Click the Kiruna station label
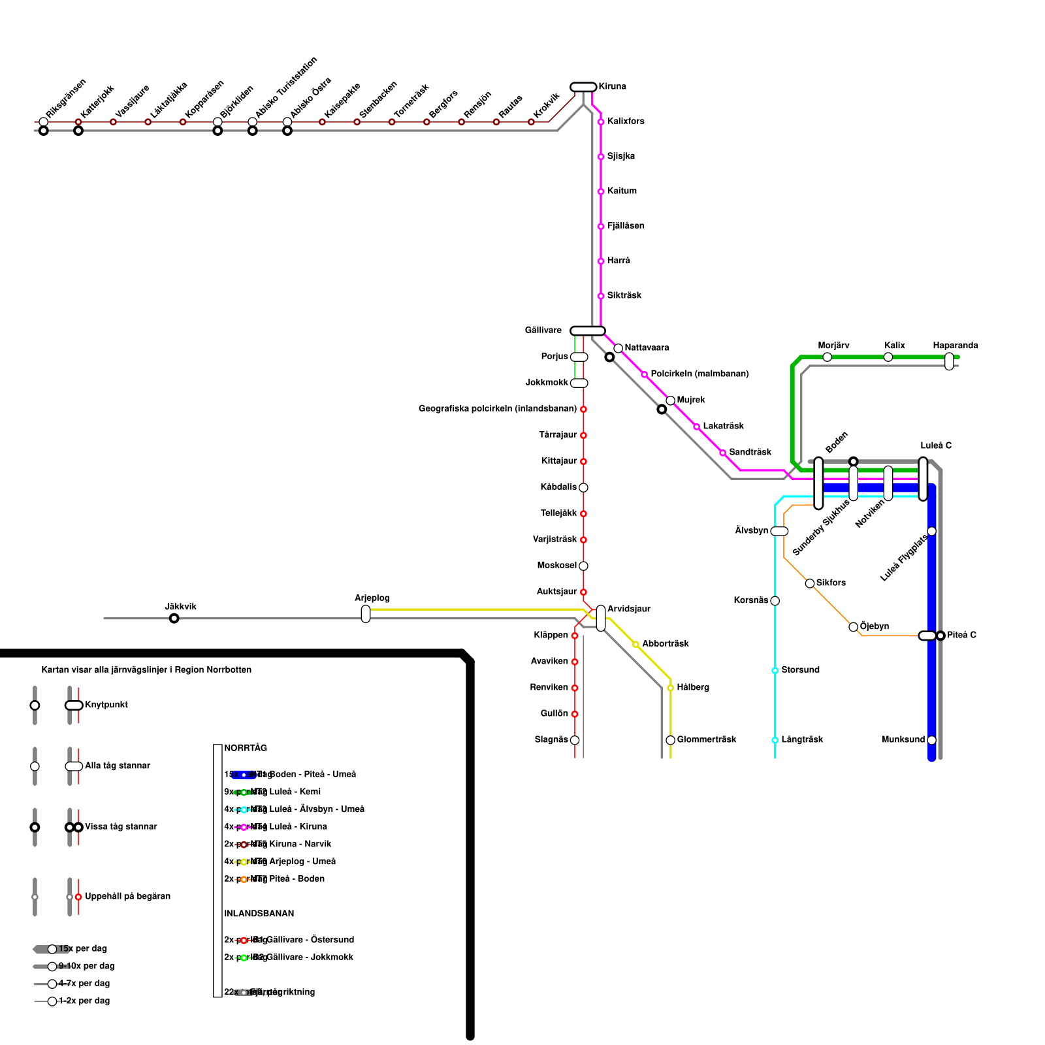pyautogui.click(x=612, y=87)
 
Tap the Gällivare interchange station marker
pyautogui.click(x=587, y=330)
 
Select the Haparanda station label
pyautogui.click(x=955, y=346)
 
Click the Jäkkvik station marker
pyautogui.click(x=174, y=619)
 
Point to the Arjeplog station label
pyautogui.click(x=372, y=598)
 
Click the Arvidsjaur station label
pyautogui.click(x=628, y=609)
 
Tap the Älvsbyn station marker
pyautogui.click(x=779, y=531)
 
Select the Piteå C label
pyautogui.click(x=961, y=635)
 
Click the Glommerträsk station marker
pyautogui.click(x=670, y=740)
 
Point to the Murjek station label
pyautogui.click(x=691, y=400)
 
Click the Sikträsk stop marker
pyautogui.click(x=600, y=296)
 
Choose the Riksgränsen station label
pyautogui.click(x=65, y=99)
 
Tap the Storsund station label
pyautogui.click(x=800, y=670)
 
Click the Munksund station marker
pyautogui.click(x=931, y=740)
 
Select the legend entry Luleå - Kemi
pyautogui.click(x=295, y=792)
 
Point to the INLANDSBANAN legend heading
pyautogui.click(x=259, y=914)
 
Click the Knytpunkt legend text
pyautogui.click(x=106, y=705)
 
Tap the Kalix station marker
pyautogui.click(x=888, y=357)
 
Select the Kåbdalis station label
pyautogui.click(x=558, y=487)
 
